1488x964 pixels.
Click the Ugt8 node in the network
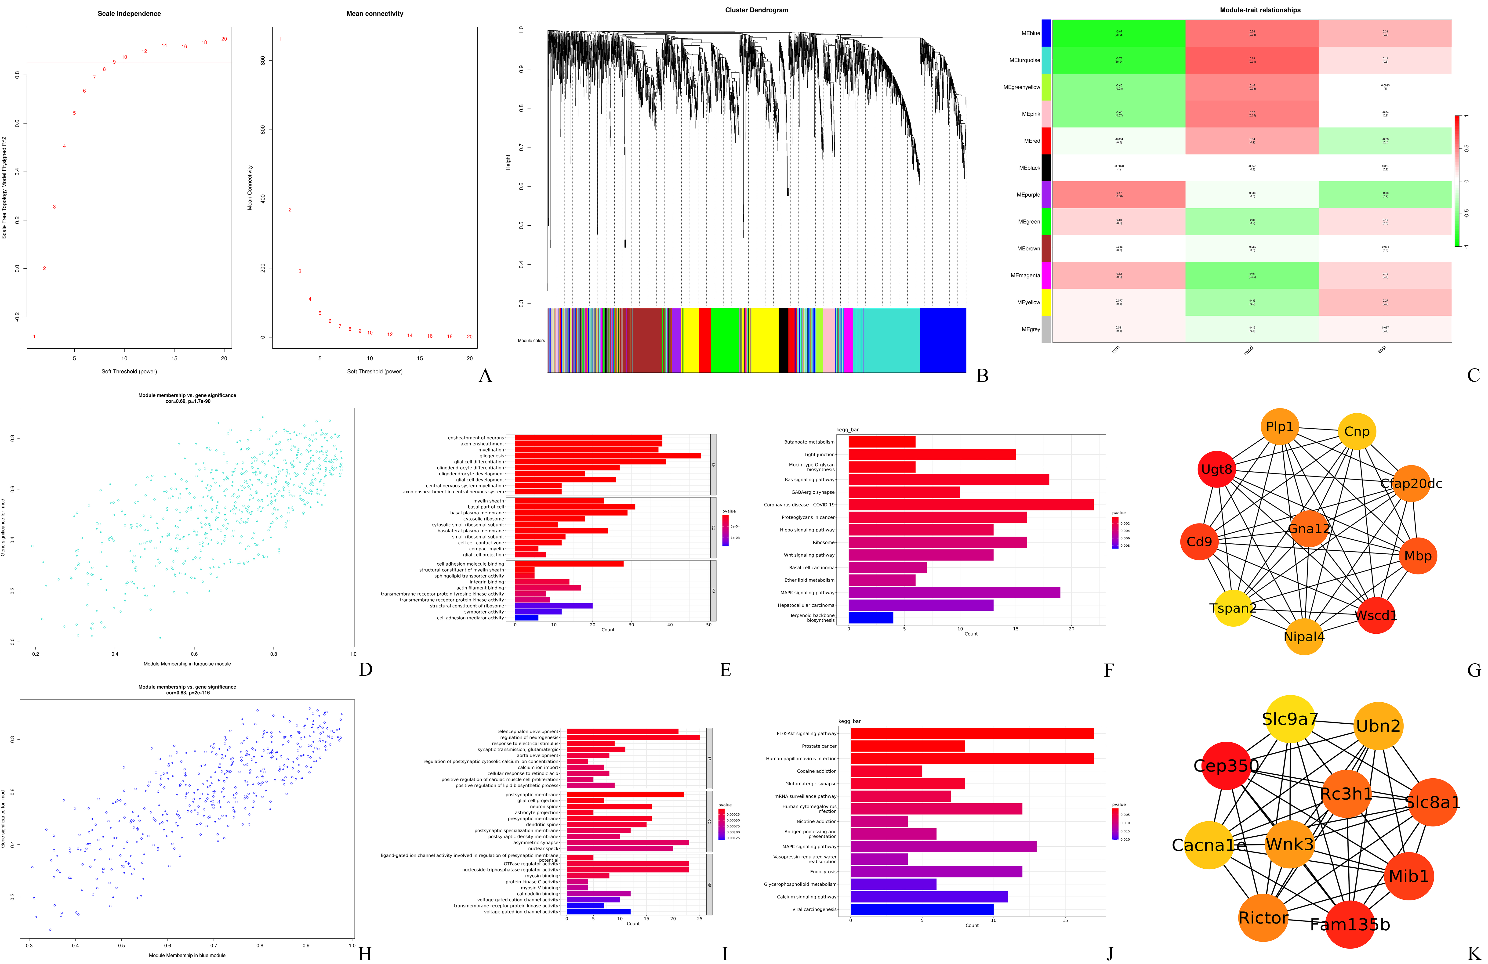1217,469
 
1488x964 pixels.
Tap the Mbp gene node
1417,556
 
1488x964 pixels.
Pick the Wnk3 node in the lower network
1289,844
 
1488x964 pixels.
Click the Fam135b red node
1350,924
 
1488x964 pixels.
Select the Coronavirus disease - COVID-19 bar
970,505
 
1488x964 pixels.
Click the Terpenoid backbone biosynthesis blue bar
870,618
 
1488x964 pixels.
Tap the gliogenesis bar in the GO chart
607,456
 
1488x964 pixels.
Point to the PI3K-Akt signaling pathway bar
972,733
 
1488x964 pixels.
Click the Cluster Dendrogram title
756,10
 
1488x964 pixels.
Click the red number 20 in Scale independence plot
224,39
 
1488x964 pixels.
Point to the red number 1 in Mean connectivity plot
280,39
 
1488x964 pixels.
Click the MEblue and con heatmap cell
1118,33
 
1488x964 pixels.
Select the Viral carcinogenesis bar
922,909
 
